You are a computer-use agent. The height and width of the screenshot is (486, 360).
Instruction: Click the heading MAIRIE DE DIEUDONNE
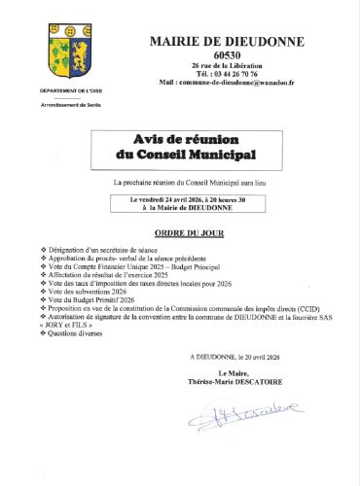227,41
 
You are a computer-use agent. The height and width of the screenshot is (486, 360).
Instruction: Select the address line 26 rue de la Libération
226,65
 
